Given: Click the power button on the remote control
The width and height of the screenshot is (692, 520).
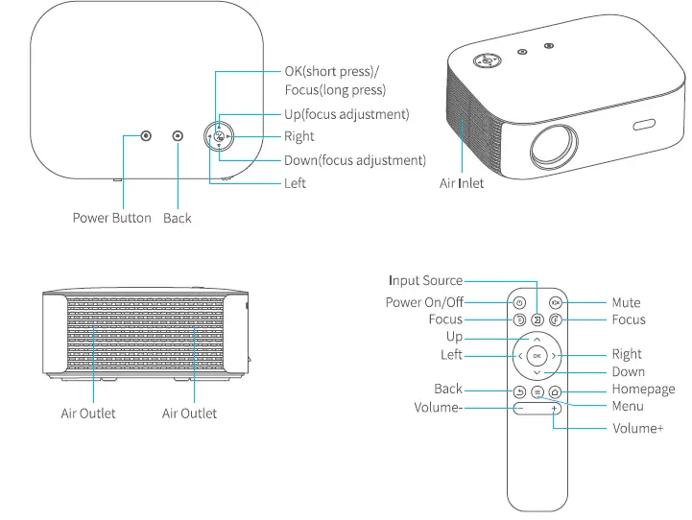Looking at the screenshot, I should (x=519, y=302).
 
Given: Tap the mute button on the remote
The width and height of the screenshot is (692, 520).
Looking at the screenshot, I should (x=555, y=302).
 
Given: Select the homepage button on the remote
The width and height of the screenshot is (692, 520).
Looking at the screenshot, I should (x=555, y=391).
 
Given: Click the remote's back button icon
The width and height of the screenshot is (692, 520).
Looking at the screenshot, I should (x=519, y=391).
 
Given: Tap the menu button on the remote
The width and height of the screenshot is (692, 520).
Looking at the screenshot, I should (x=537, y=391).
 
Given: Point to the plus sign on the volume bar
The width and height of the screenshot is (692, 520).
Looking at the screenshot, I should (x=555, y=410).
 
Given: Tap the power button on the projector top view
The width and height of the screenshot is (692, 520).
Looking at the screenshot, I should (x=146, y=136).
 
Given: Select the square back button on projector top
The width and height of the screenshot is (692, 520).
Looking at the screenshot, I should (x=178, y=136).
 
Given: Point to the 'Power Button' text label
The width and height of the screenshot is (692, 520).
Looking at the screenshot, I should (x=111, y=218).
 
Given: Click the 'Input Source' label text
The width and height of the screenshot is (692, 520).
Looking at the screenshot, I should (x=425, y=281).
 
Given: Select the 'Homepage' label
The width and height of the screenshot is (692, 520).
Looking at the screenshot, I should (x=643, y=390).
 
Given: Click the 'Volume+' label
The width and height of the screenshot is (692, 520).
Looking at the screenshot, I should (x=637, y=429).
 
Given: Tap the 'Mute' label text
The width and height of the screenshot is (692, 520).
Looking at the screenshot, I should (x=626, y=302).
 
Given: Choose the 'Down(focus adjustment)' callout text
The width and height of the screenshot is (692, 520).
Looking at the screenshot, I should (x=355, y=160).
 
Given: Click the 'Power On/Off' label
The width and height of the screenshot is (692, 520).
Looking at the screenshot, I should (x=424, y=302).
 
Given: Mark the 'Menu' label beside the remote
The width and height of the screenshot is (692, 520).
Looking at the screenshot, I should (x=628, y=407).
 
